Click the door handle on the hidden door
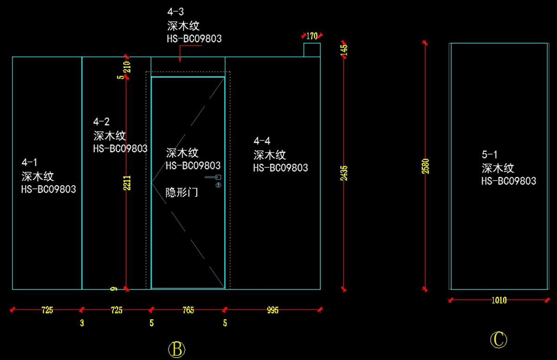[214, 177]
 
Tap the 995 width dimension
[273, 310]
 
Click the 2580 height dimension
[425, 166]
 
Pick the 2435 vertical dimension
[344, 173]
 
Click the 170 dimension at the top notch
[312, 35]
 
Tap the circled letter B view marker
[176, 349]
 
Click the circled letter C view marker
[499, 340]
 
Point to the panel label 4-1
[30, 162]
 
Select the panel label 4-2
[101, 122]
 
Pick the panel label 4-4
[262, 141]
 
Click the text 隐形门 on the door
[182, 192]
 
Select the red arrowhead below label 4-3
[180, 59]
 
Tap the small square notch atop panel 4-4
[312, 50]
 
